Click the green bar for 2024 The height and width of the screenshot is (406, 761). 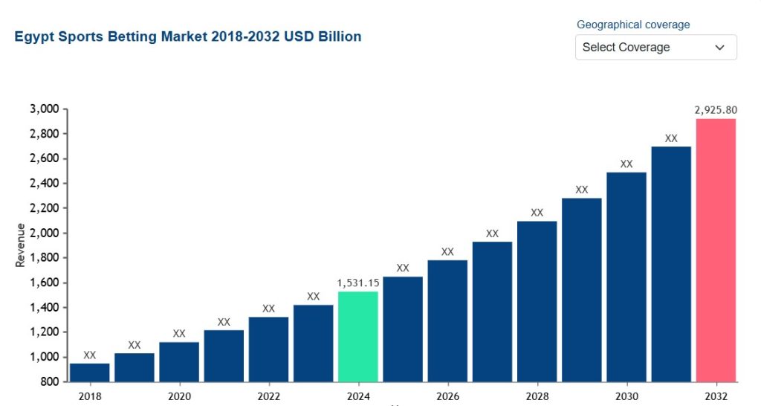pos(358,337)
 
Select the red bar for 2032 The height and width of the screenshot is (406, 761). pos(716,250)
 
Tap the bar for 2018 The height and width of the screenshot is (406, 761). pos(90,373)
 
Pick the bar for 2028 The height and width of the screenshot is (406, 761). pos(537,302)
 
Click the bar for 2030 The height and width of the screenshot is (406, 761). pos(626,277)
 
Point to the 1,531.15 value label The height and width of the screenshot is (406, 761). pos(358,283)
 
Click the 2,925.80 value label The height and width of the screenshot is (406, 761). pos(716,110)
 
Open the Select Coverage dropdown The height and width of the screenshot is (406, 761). pos(656,47)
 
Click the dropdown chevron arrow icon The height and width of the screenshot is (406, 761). pos(719,48)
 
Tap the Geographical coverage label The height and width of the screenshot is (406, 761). pos(633,25)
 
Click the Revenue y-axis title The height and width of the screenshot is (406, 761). pos(20,245)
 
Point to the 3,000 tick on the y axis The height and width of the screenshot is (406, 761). pos(45,109)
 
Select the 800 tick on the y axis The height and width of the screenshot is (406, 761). pos(49,381)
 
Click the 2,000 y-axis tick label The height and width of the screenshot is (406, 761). pos(45,233)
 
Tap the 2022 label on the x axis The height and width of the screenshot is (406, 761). pos(268,396)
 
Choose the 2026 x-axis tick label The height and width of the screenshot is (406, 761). pos(447,396)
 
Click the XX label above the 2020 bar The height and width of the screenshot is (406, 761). pos(179,334)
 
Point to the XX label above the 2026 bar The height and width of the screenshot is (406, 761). pos(447,252)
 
